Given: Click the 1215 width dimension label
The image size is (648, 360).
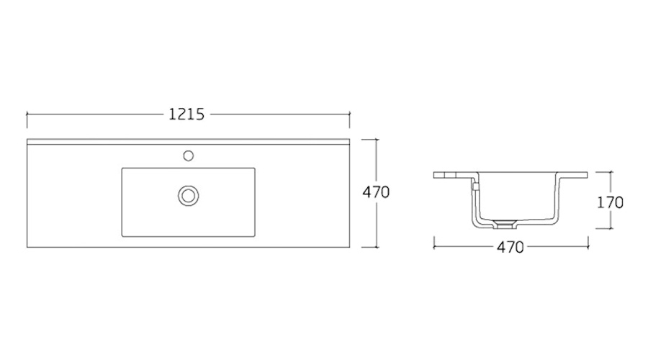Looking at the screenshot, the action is pos(186,114).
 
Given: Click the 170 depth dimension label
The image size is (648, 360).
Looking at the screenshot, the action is pos(610,202).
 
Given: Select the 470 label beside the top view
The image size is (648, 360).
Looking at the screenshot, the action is pos(376,192).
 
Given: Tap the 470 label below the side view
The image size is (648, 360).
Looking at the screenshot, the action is pos(510,247).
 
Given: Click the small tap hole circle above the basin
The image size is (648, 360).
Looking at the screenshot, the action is pos(189,156).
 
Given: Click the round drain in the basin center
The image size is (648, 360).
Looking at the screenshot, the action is pos(189,196).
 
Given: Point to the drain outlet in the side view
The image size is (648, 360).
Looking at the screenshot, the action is pos(505,224).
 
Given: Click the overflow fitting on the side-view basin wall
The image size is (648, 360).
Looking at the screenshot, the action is pos(476,187).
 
